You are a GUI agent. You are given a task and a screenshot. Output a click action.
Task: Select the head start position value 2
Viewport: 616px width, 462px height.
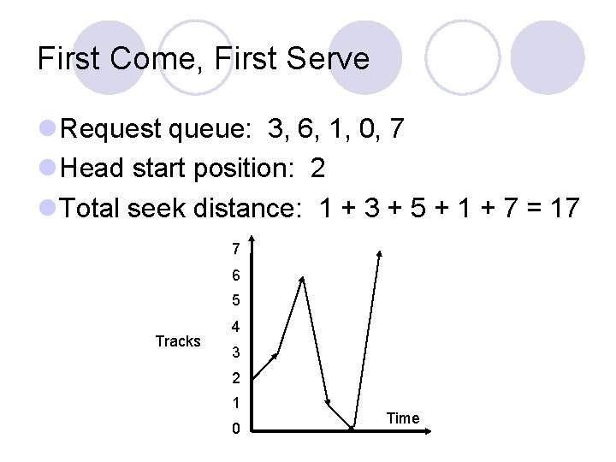[x=318, y=169]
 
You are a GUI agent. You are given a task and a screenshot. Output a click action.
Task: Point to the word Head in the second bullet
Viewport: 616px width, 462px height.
[x=93, y=169]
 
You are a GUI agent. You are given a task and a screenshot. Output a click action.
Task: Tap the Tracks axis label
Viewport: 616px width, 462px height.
[x=178, y=341]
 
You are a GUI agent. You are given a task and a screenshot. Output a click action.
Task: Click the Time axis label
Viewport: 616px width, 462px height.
[x=403, y=418]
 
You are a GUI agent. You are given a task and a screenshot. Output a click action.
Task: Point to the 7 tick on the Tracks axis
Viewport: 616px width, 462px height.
[x=235, y=250]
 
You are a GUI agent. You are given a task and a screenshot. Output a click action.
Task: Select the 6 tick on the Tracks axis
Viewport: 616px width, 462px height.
[x=235, y=275]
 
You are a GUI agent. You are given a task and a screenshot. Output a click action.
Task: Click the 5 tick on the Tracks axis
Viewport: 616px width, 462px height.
[x=235, y=301]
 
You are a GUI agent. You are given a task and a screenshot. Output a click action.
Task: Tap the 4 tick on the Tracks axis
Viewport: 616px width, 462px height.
[x=235, y=327]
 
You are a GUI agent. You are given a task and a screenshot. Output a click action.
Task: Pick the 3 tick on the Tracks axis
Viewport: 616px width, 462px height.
[x=235, y=352]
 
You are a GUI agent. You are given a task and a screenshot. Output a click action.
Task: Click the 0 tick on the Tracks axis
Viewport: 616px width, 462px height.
[x=235, y=429]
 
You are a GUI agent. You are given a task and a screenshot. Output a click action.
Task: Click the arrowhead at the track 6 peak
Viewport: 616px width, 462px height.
[x=301, y=279]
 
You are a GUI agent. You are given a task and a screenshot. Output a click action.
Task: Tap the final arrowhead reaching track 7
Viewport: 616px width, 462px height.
[x=379, y=253]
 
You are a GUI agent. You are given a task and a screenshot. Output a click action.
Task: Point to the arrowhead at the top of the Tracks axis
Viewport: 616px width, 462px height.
[x=251, y=241]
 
